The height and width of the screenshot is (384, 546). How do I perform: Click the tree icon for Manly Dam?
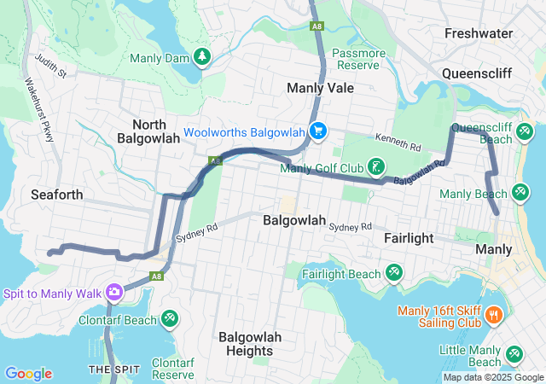click(x=202, y=57)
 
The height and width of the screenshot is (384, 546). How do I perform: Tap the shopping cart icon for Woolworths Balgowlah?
click(x=318, y=131)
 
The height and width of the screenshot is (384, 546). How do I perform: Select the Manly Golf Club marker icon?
click(x=375, y=166)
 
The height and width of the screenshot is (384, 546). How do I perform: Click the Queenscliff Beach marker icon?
click(x=524, y=131)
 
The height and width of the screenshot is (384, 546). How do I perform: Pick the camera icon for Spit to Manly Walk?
click(x=113, y=293)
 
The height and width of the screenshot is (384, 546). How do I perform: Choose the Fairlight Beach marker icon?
click(x=393, y=273)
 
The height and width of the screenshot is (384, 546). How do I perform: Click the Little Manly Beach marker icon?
click(x=514, y=354)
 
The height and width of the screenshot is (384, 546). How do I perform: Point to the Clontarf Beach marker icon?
click(x=169, y=319)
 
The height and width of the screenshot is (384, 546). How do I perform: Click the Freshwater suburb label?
click(x=478, y=33)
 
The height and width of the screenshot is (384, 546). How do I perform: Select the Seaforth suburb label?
click(x=56, y=195)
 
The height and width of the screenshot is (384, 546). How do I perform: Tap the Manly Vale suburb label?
click(x=322, y=88)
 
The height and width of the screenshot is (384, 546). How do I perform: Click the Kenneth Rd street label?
click(x=398, y=142)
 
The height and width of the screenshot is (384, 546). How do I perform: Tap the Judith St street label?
click(x=50, y=67)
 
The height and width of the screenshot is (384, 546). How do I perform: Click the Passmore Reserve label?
click(x=359, y=59)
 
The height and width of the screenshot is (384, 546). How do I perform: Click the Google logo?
click(x=28, y=374)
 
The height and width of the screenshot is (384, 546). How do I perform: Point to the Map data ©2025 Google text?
click(x=492, y=377)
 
